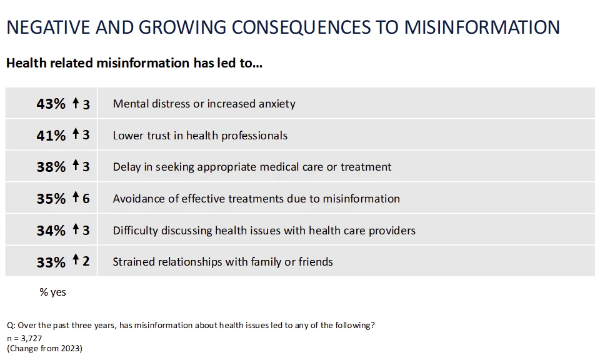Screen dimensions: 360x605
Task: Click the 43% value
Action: click(51, 104)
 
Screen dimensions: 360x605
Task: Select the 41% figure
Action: click(51, 136)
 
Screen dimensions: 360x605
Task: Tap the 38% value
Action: click(51, 167)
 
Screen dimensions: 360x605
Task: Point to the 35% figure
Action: click(51, 199)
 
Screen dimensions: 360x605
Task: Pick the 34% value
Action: click(51, 231)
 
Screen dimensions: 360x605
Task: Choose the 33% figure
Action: click(51, 262)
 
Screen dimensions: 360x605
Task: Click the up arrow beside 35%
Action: click(76, 198)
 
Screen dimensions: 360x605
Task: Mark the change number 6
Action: click(86, 199)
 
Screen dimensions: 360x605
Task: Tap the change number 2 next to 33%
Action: click(86, 262)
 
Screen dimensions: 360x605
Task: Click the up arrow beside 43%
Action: click(76, 103)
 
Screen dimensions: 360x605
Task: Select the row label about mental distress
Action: click(204, 104)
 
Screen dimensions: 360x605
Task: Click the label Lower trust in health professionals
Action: click(200, 136)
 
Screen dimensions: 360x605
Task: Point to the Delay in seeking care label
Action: click(252, 167)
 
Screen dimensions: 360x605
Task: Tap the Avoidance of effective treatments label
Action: click(256, 199)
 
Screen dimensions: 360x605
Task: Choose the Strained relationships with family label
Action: click(222, 262)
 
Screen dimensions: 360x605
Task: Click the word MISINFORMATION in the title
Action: click(481, 27)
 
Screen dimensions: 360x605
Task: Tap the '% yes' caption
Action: click(52, 292)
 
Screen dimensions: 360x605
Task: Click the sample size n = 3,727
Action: click(24, 338)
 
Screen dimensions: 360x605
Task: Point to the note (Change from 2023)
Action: click(44, 348)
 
